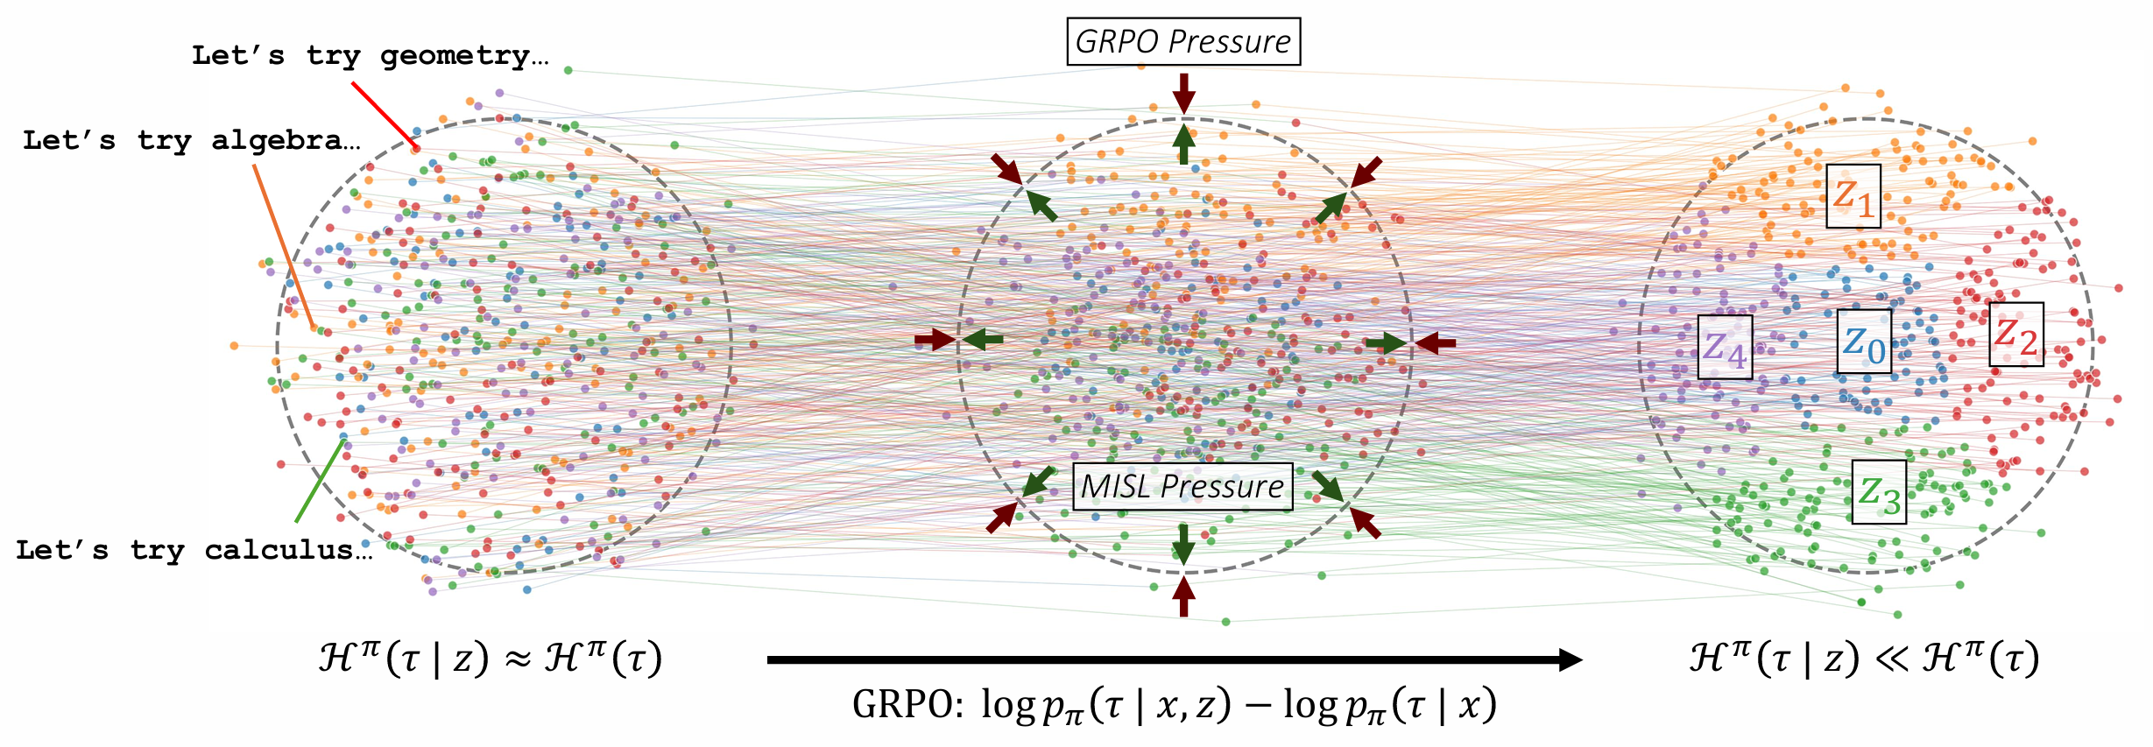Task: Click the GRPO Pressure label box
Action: pos(1182,41)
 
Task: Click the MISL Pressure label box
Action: pos(1182,486)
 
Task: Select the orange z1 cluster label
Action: pos(1853,197)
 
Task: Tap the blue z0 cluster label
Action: pos(1863,342)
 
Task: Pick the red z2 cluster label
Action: pos(2015,335)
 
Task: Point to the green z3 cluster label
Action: pos(1879,492)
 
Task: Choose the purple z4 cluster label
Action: pos(1724,347)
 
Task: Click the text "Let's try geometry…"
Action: pos(370,55)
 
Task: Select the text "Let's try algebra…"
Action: pos(191,140)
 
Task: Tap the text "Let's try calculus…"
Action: pos(193,550)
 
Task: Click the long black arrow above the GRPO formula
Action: pos(1174,659)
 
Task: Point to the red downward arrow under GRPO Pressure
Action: pos(1183,93)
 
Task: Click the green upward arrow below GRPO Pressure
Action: pos(1183,144)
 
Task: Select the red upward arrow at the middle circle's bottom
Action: pos(1183,596)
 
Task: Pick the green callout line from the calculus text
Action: pos(320,481)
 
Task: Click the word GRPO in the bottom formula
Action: pos(907,704)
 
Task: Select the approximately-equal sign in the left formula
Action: pos(519,659)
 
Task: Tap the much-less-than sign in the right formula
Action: pos(1891,659)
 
